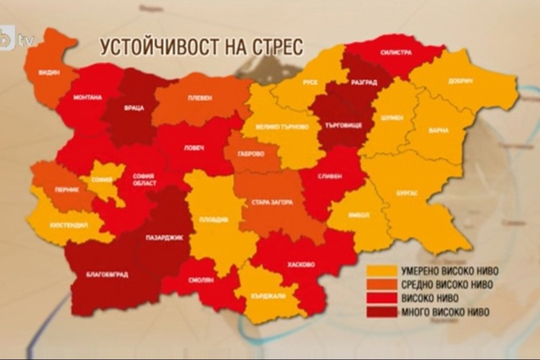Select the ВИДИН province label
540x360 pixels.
[x=49, y=72]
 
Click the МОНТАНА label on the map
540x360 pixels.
[x=88, y=97]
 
